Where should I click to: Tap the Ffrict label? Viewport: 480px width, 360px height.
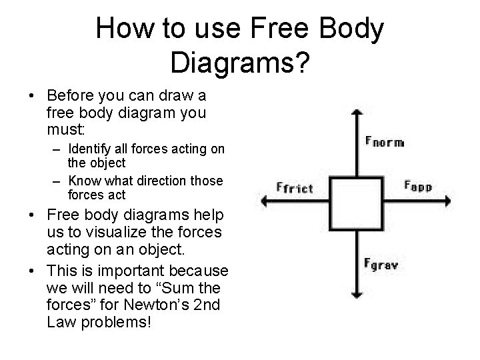[x=293, y=187]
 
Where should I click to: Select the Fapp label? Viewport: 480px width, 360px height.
[x=418, y=186]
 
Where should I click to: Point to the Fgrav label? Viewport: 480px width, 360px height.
[x=381, y=264]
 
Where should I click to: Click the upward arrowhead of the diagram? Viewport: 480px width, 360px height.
[x=358, y=113]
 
